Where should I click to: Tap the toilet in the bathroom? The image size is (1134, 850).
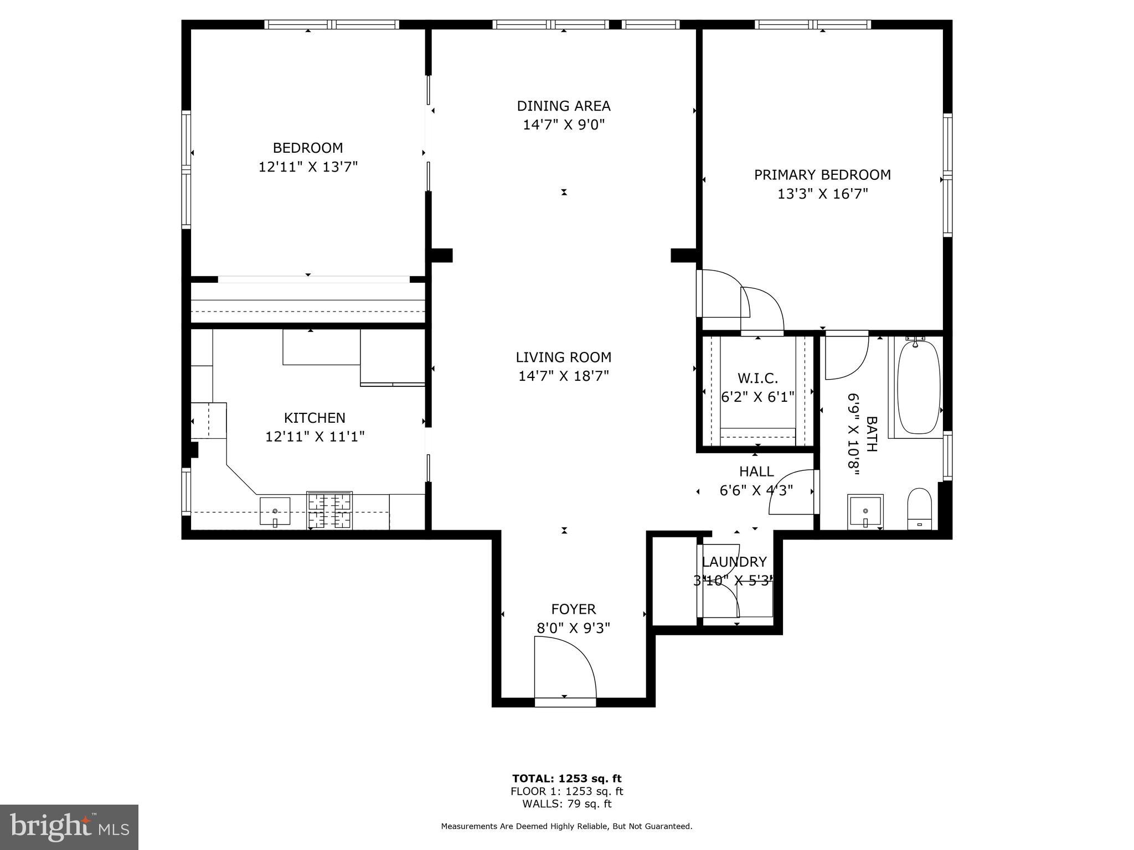920,508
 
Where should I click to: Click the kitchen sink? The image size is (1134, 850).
275,510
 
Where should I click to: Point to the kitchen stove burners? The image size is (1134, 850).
329,510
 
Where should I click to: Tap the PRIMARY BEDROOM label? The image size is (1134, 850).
822,175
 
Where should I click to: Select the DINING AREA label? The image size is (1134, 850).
564,106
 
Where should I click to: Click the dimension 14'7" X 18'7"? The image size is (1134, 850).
564,376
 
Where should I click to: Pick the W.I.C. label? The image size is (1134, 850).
757,379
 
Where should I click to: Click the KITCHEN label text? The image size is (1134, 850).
315,418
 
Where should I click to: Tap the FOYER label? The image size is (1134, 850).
574,609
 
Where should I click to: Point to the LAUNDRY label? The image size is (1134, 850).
734,562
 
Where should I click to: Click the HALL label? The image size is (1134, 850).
756,471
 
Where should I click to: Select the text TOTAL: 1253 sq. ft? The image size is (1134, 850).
566,779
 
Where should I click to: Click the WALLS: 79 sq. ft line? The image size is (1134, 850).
566,804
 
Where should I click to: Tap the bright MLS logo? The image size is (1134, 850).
69,827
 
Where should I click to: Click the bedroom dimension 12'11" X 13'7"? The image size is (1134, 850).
308,167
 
